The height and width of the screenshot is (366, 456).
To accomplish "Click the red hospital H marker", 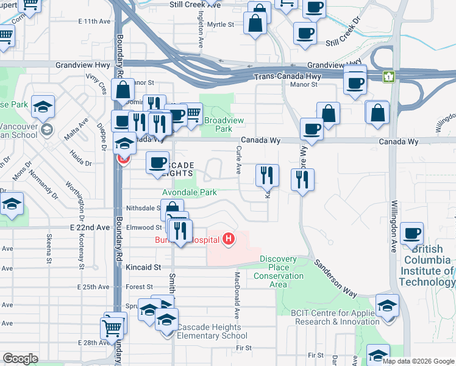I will click(229, 238).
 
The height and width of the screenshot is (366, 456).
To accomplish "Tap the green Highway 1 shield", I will click(388, 77).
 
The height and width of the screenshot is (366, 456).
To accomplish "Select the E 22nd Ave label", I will click(90, 228).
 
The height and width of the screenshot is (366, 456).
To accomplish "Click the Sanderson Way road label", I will click(336, 279).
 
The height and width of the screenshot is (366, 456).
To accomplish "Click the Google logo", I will click(20, 359).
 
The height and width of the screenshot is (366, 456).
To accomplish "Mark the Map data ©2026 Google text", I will click(418, 361).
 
